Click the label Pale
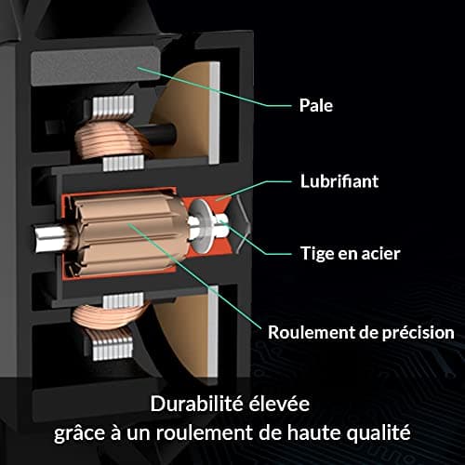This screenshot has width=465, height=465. [316, 105]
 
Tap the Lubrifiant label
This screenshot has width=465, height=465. [339, 181]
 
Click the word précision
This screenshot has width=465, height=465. [418, 333]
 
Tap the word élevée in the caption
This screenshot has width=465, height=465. [279, 404]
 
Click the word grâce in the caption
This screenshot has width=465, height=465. [79, 433]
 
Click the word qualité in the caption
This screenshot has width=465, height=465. [379, 432]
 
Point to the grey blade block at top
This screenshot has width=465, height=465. [95, 66]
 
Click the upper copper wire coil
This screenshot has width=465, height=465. [112, 139]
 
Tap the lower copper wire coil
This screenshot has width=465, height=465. [109, 316]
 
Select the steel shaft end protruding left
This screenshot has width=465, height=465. [49, 238]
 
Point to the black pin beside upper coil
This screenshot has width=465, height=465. [159, 134]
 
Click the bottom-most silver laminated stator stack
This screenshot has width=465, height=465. [113, 349]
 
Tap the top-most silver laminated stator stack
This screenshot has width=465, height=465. [113, 107]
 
